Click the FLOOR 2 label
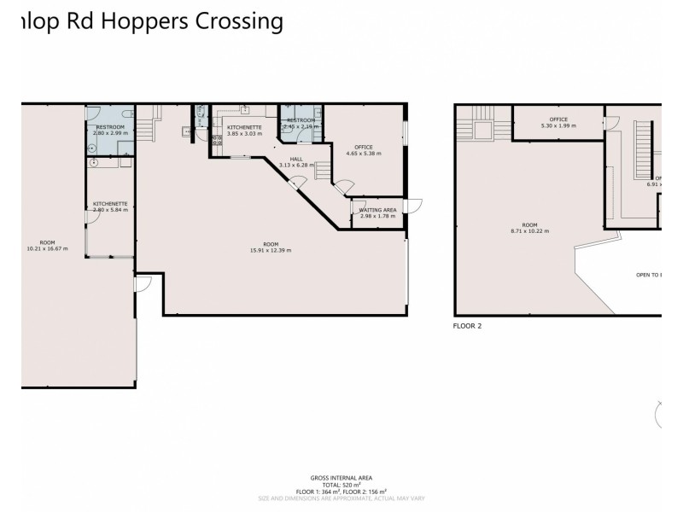pos(469,325)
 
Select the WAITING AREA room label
pos(377,209)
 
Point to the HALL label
pos(295,159)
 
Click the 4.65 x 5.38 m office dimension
pos(364,154)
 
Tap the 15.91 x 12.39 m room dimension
pos(271,250)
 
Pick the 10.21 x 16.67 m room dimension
pos(47,249)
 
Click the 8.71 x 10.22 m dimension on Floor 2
pos(529,230)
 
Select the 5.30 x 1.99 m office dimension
pos(558,125)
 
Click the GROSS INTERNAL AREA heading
pos(341,478)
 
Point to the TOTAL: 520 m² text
pos(341,485)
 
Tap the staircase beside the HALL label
pos(324,172)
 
